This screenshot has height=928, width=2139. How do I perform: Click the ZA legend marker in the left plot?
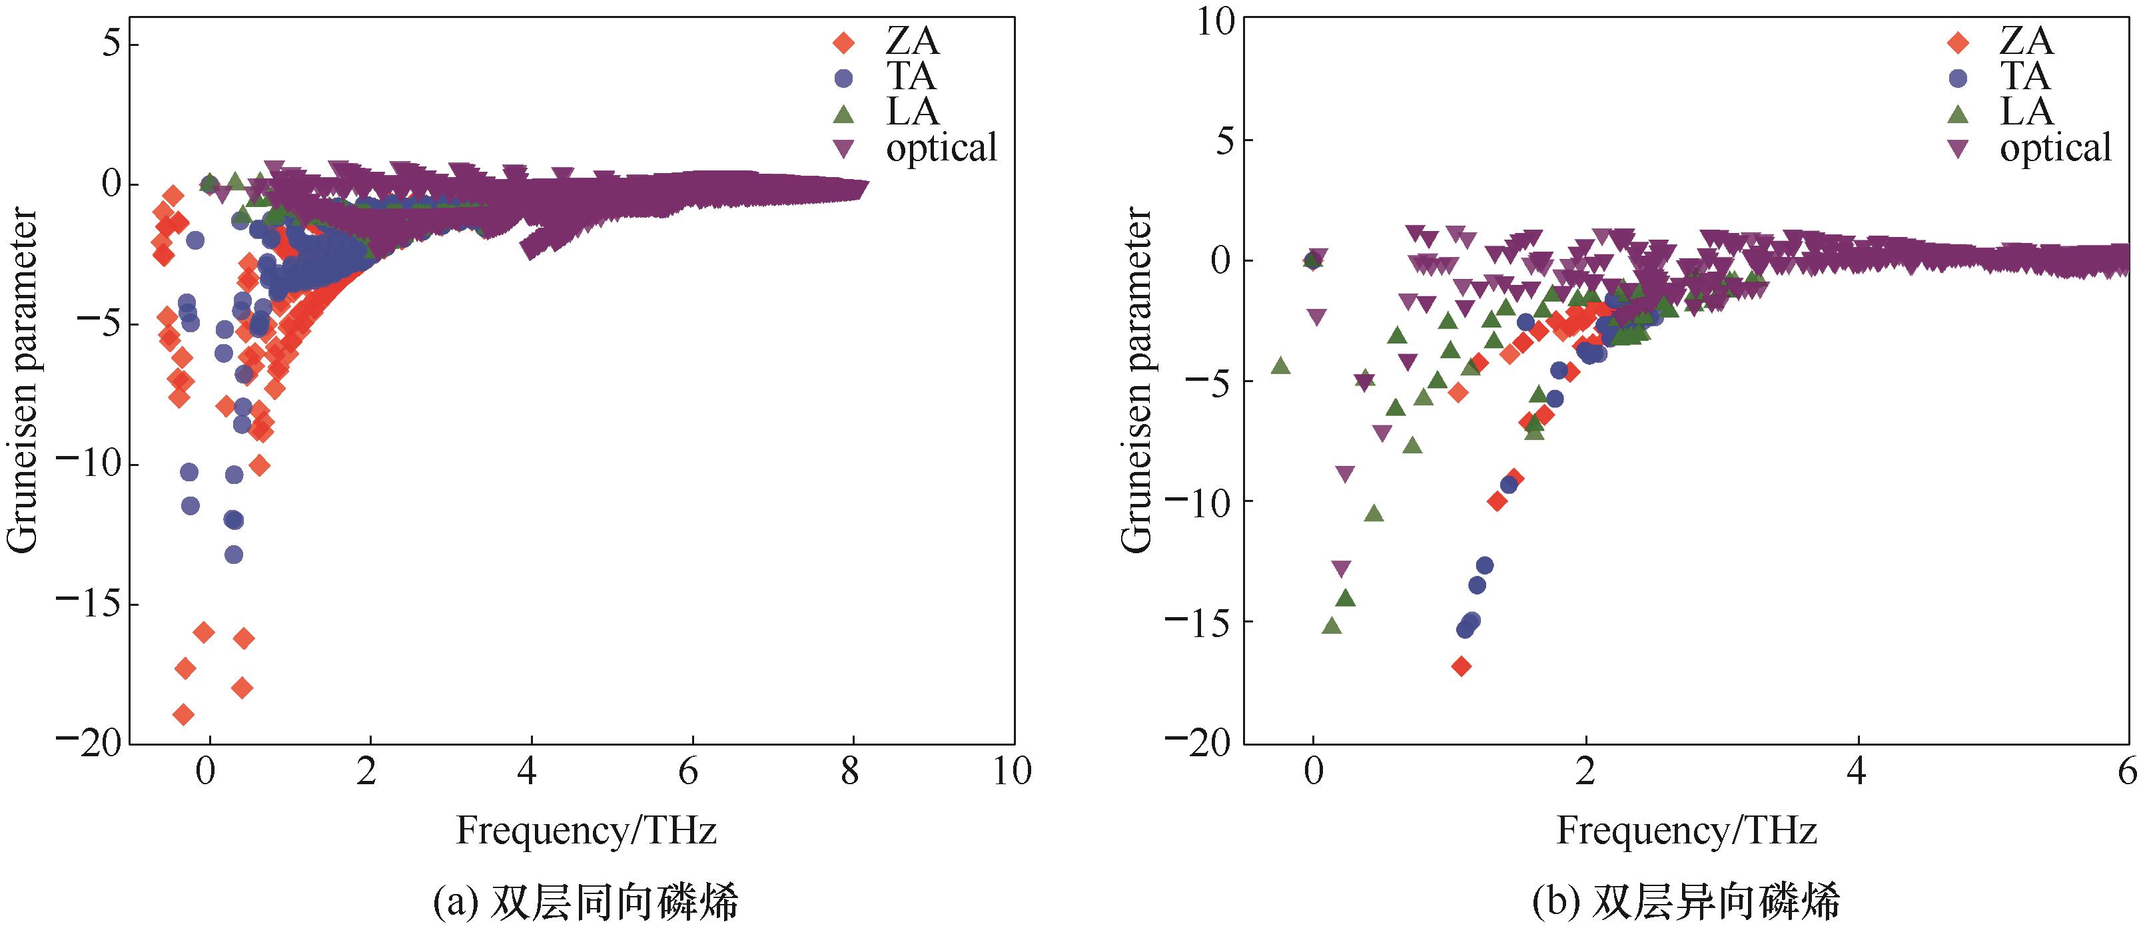pos(843,41)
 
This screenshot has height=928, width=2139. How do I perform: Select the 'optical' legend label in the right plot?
pos(2055,148)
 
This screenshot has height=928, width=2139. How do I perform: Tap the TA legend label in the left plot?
pos(911,77)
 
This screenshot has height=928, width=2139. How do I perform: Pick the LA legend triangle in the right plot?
pos(1957,113)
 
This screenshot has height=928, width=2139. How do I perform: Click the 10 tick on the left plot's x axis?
pos(1011,772)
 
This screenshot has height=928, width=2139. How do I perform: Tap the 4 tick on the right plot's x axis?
pos(1857,772)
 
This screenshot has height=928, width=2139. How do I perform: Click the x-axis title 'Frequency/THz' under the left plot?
pos(586,831)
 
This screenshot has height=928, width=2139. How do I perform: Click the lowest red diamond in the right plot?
pos(1462,666)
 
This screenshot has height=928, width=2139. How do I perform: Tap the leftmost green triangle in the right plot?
pos(1280,366)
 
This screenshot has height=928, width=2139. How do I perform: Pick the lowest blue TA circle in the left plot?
pos(234,555)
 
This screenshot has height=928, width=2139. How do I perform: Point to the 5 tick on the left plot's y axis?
pos(112,43)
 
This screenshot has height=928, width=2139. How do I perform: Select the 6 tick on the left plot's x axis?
pos(688,772)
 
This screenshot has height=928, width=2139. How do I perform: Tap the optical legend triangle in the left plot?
pos(843,148)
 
